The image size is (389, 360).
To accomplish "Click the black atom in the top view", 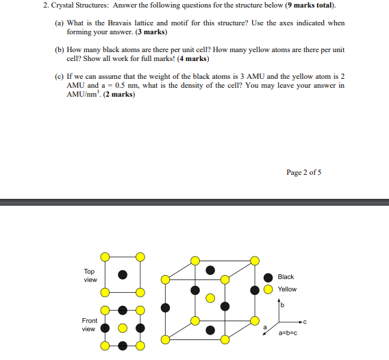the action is click(x=123, y=274).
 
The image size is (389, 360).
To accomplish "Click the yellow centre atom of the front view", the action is click(x=123, y=328).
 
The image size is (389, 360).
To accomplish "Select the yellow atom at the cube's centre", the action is click(x=211, y=299).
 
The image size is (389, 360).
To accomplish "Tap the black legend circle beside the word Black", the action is click(x=267, y=277).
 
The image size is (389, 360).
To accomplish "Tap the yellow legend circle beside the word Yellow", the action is click(x=267, y=289).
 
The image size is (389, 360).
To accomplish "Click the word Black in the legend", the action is click(x=286, y=277).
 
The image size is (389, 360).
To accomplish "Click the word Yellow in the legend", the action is click(x=287, y=289).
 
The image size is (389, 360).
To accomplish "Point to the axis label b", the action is click(x=281, y=304).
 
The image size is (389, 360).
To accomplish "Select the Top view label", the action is click(x=90, y=276).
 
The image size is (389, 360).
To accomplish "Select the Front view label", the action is click(x=90, y=324).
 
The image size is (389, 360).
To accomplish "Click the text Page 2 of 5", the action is click(x=304, y=172).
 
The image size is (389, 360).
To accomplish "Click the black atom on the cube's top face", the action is click(x=211, y=271).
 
